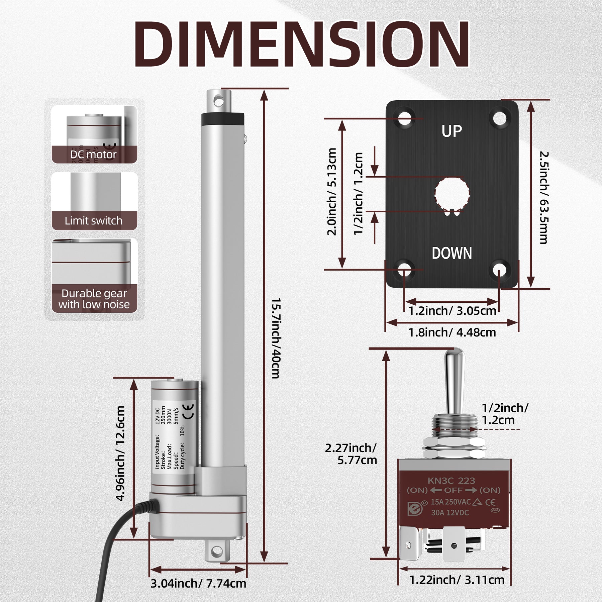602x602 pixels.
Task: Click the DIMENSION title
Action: (301, 45)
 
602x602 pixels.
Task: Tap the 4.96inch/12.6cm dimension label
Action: (120, 453)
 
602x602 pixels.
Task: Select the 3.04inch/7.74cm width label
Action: (198, 583)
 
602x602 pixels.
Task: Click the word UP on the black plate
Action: (451, 131)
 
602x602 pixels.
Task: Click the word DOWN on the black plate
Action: (451, 253)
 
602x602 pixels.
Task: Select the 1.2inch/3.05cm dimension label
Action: (452, 311)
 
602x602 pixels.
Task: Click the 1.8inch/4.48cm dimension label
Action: (452, 332)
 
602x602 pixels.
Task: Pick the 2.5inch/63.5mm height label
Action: (543, 197)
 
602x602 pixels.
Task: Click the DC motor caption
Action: (93, 155)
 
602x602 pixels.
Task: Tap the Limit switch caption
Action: (93, 221)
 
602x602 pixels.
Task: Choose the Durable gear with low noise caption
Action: (94, 299)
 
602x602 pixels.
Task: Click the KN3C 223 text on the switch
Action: (451, 481)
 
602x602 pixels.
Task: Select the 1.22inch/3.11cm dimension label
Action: (457, 580)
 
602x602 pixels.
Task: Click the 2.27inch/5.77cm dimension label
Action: (351, 454)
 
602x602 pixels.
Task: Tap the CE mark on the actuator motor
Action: (189, 412)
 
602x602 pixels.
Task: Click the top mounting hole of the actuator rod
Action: (218, 100)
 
